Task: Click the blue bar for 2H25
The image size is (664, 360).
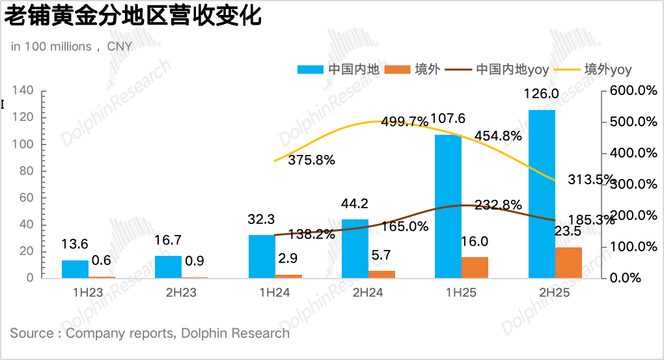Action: [x=542, y=194]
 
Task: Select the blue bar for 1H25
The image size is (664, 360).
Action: [x=448, y=206]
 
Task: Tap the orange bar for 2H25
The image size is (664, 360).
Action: [x=568, y=263]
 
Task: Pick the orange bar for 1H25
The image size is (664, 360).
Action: [x=475, y=268]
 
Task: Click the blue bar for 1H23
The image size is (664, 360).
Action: [x=75, y=270]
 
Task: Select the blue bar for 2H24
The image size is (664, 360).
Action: [x=355, y=249]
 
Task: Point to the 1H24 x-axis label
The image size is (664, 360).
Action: [x=275, y=293]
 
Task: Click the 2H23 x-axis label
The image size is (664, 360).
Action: [x=182, y=293]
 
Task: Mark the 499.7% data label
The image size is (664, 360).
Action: [x=405, y=122]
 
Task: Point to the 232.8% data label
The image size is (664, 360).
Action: [x=498, y=205]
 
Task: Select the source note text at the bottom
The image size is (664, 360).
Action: [x=150, y=333]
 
